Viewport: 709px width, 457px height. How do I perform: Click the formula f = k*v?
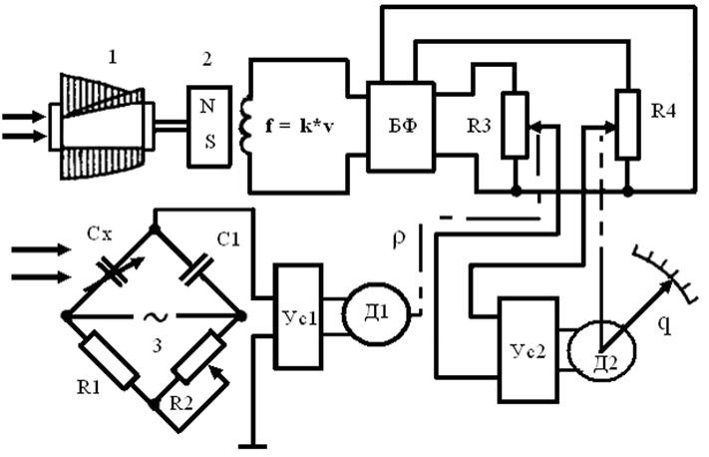(299, 127)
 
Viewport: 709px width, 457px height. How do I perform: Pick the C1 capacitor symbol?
(196, 269)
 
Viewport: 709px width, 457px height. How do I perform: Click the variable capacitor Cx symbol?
(114, 272)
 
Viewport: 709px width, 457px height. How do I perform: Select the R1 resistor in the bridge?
(109, 360)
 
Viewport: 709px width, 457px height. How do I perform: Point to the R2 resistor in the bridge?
(199, 356)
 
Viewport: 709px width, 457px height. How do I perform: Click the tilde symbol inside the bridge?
(156, 317)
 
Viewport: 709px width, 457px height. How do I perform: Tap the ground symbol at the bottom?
(252, 447)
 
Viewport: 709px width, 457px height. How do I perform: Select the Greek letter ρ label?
(398, 239)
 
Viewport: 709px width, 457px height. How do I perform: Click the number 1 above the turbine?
(112, 57)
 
